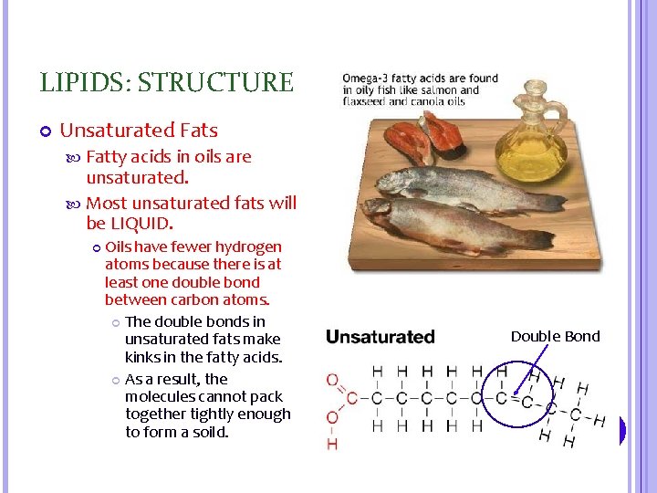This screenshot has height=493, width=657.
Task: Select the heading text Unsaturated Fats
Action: [139, 131]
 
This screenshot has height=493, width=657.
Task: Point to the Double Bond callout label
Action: [555, 336]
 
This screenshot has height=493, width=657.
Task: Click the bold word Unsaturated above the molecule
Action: [380, 337]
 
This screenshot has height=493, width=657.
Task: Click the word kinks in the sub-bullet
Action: [142, 357]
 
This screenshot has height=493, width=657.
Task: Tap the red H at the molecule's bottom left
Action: [331, 444]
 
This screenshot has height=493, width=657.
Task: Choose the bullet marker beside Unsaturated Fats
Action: [45, 132]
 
